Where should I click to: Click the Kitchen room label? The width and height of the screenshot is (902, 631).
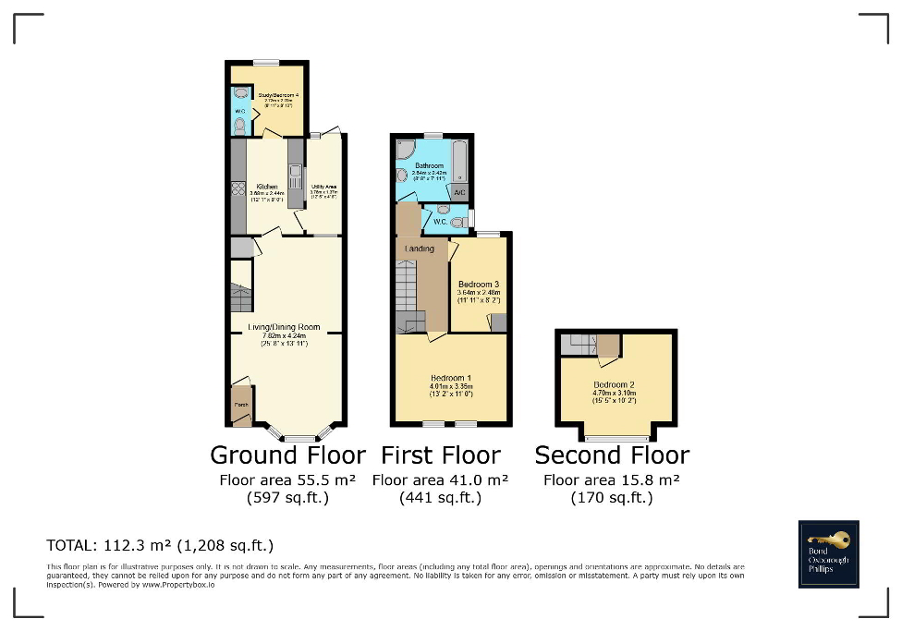coord(267,187)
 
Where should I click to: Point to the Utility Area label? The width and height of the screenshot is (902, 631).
coord(323,187)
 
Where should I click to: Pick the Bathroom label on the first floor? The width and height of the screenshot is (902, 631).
coord(430,165)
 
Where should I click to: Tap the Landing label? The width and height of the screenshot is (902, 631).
coord(420,249)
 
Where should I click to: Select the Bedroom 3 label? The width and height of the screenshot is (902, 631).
coord(479,285)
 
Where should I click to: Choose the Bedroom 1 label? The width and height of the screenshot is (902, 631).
coord(451,378)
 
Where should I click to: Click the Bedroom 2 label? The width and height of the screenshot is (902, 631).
coord(615,384)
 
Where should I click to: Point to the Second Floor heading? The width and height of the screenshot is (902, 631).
coord(612,455)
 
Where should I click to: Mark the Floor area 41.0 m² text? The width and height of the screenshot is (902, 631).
coord(440,480)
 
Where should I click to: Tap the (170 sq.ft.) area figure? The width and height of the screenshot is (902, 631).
coord(612,498)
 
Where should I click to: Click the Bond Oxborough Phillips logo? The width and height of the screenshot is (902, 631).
coord(828,554)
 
